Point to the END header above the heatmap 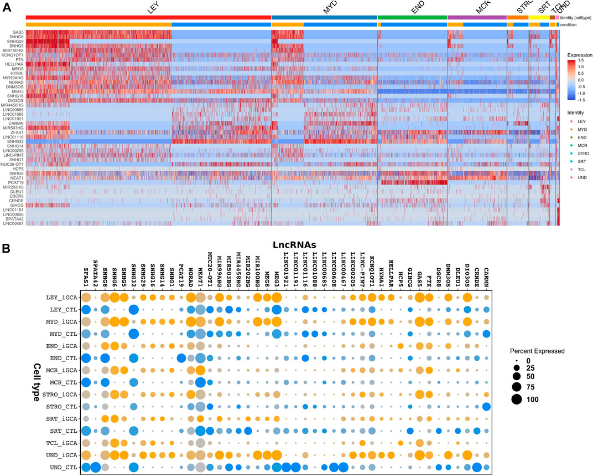pos(411,11)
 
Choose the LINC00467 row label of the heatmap pos(13,223)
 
